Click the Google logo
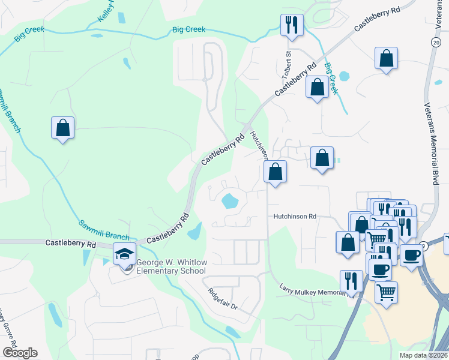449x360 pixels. click(19, 353)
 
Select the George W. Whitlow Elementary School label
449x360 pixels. click(171, 266)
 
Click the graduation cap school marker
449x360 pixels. click(125, 254)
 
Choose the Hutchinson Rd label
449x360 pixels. click(295, 216)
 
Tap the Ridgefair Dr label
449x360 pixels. click(223, 298)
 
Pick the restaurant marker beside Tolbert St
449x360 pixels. click(292, 25)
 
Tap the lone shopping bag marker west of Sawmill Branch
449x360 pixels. click(62, 128)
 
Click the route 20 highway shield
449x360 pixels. click(435, 43)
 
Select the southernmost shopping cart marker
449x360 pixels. click(387, 293)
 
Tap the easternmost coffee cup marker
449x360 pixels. click(411, 254)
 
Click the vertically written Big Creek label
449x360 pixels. click(331, 78)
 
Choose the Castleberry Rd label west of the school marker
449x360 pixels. click(71, 244)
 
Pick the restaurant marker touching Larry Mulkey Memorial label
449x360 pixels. click(351, 281)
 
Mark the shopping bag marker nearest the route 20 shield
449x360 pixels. click(387, 58)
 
